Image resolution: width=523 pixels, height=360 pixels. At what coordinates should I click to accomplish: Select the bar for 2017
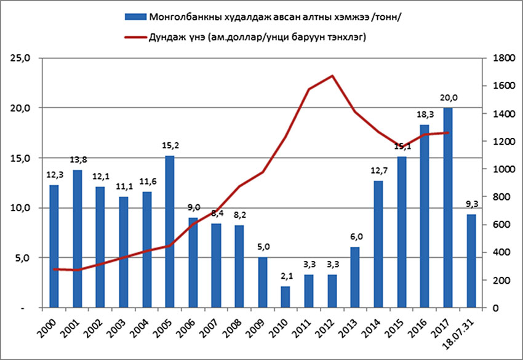click(447, 207)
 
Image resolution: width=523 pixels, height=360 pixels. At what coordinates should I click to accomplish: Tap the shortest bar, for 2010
click(285, 297)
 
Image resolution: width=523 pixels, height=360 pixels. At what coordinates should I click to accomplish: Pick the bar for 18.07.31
click(471, 261)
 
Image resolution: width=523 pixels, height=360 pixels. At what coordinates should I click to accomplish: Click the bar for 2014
click(378, 244)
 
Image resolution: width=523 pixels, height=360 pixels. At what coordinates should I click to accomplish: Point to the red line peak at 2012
click(332, 76)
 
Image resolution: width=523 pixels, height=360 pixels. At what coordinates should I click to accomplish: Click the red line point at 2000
click(54, 269)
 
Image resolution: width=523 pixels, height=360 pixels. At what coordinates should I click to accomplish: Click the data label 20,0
click(447, 97)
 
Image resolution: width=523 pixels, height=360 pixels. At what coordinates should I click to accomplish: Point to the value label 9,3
click(471, 205)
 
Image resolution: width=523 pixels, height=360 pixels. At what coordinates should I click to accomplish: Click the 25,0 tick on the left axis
click(25, 58)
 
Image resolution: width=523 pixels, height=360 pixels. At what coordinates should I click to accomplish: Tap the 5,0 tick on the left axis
click(27, 258)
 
